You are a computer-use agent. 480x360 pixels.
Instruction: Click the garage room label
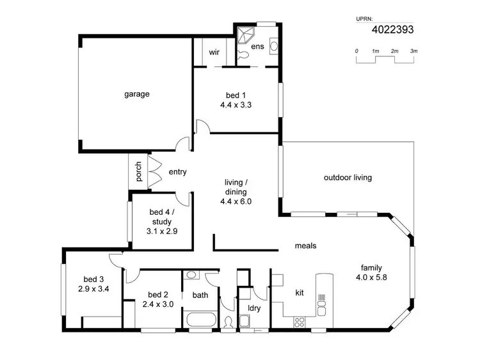click(136, 94)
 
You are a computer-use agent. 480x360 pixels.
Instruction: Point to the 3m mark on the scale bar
click(414, 51)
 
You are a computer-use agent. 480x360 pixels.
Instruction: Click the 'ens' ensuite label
click(257, 47)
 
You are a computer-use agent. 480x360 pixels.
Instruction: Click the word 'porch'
click(138, 172)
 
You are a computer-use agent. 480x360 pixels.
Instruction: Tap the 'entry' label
click(177, 172)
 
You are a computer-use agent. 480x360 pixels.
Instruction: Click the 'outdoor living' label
click(348, 178)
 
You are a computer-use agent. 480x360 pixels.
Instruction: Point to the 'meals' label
click(305, 246)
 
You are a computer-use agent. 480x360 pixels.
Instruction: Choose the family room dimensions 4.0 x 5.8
click(372, 278)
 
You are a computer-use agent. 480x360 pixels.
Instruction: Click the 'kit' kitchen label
click(299, 292)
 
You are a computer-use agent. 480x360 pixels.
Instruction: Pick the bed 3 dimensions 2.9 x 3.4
click(93, 288)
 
